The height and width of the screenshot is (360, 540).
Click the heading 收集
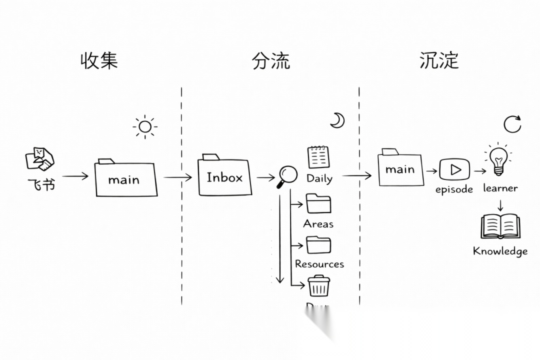click(x=99, y=60)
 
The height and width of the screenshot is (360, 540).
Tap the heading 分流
click(x=271, y=60)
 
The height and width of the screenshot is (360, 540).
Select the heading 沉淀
click(x=439, y=60)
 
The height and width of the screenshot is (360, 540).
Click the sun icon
click(x=145, y=127)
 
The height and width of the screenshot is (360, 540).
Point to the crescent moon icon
click(x=337, y=120)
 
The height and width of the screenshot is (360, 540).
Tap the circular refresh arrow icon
click(x=512, y=124)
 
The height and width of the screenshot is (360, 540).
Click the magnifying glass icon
click(x=286, y=176)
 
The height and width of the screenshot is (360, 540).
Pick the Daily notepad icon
click(x=318, y=157)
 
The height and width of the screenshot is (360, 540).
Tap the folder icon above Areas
click(x=318, y=203)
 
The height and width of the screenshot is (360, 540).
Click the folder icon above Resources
click(x=318, y=245)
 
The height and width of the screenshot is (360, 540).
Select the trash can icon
click(x=318, y=286)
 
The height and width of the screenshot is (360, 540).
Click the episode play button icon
click(x=454, y=169)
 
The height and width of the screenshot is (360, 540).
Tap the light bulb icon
click(x=498, y=159)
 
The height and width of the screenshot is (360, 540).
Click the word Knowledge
click(x=500, y=251)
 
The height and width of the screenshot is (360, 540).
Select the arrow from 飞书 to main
click(x=75, y=176)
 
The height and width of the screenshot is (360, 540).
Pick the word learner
click(x=500, y=188)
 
